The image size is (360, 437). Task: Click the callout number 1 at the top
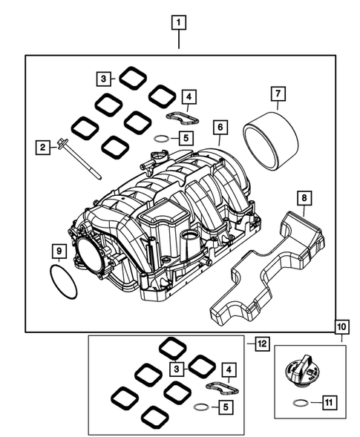tap(178, 22)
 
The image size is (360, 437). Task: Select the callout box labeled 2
tap(43, 148)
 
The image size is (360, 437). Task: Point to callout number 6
tap(220, 127)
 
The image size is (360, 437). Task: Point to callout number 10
tap(341, 326)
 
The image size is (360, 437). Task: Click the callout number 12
tap(259, 344)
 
